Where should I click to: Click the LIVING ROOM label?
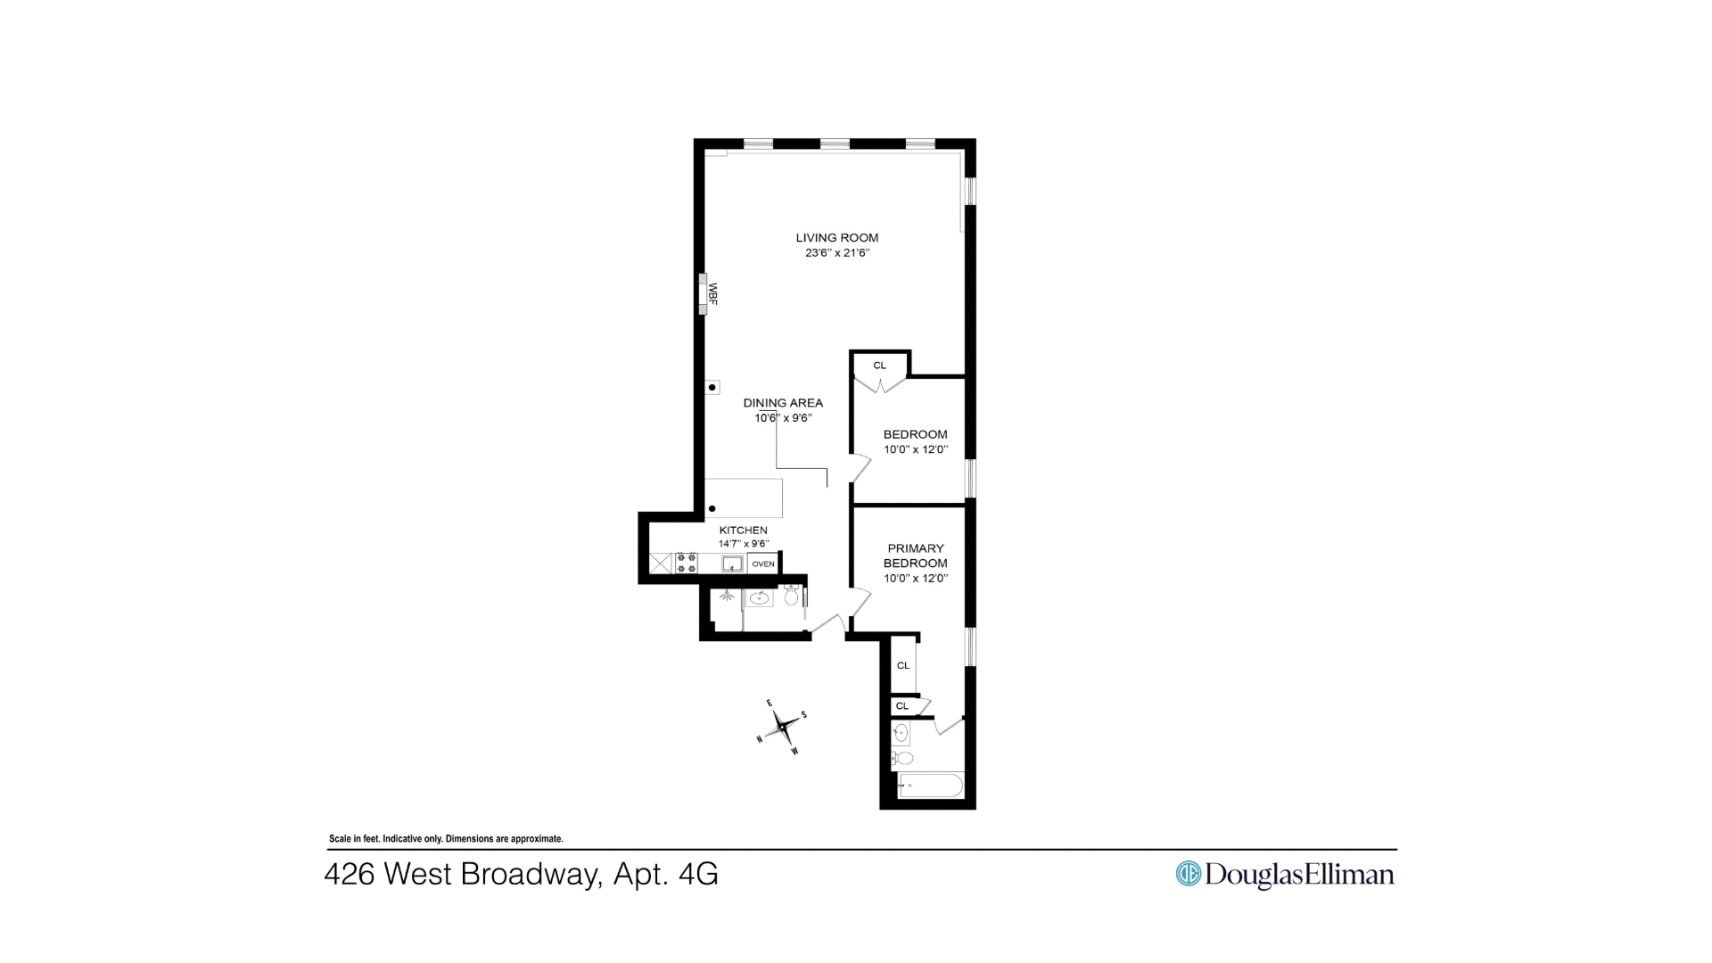click(x=836, y=238)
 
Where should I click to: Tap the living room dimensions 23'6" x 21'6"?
click(x=836, y=253)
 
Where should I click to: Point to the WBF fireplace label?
click(x=712, y=293)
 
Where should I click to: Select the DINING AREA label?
click(x=783, y=403)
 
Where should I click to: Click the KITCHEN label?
click(x=743, y=531)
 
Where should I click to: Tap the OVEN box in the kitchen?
click(x=763, y=564)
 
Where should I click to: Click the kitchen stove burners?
click(x=687, y=563)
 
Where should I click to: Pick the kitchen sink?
click(x=732, y=564)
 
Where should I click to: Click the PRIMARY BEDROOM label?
click(x=916, y=556)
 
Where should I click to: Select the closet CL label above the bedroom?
click(x=880, y=366)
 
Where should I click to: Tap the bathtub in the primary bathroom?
click(x=931, y=786)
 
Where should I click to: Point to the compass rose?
click(x=783, y=728)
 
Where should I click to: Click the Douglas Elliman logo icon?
click(x=1189, y=874)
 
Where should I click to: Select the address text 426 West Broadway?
click(x=463, y=875)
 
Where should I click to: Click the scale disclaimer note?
click(x=446, y=839)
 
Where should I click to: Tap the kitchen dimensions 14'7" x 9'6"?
click(x=743, y=544)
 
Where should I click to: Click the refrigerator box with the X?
click(x=661, y=564)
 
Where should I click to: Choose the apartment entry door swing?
click(x=827, y=623)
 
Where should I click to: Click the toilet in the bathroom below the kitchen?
click(x=791, y=596)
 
